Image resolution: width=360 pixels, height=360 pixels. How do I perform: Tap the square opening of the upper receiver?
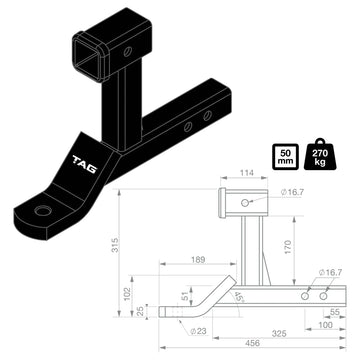click(x=89, y=48)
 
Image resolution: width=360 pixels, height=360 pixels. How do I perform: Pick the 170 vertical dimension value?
click(x=288, y=243)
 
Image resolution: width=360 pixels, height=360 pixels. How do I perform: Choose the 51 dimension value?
click(x=184, y=296)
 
